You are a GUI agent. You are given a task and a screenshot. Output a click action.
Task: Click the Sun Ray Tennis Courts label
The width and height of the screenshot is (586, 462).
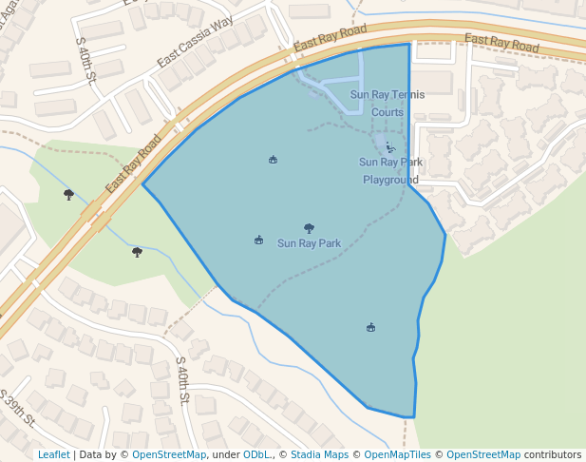tap(388, 103)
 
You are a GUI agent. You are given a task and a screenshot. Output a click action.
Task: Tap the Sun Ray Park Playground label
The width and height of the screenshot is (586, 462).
tap(390, 170)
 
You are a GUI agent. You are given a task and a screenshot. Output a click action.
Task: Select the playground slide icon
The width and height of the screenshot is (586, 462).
tap(389, 147)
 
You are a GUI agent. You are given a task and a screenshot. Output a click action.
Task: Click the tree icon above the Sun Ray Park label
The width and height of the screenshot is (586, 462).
tap(309, 228)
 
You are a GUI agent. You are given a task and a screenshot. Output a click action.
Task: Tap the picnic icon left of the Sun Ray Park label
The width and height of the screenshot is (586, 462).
tap(258, 241)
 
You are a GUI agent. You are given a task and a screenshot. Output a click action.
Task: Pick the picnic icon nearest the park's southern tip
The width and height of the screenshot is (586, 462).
tap(370, 328)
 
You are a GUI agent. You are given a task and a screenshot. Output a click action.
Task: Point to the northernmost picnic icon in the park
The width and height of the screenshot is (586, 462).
tap(274, 160)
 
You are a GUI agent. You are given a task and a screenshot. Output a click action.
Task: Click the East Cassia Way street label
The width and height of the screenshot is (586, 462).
tap(196, 47)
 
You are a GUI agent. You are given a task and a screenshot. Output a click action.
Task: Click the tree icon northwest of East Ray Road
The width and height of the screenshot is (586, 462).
tap(68, 194)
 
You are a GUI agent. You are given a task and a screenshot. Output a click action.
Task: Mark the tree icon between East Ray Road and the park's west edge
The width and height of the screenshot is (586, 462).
tap(138, 252)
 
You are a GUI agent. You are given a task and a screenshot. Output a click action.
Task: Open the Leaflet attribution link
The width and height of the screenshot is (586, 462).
tap(53, 454)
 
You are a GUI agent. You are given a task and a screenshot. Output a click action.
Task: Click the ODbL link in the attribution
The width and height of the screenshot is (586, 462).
tap(256, 454)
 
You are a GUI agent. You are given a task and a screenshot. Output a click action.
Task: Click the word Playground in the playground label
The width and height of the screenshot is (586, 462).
tap(390, 180)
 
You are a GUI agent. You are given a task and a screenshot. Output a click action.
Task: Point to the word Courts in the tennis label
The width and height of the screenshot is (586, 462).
tap(388, 112)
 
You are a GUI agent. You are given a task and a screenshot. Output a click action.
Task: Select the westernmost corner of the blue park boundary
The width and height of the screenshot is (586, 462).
tap(142, 184)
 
